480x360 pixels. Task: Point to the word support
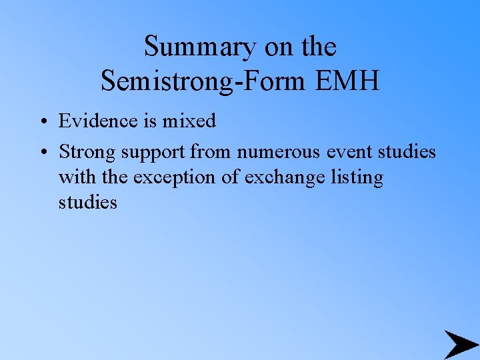(155, 153)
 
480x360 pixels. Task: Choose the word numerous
(280, 152)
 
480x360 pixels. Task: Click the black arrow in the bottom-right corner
(461, 344)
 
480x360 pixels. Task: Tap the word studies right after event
(407, 152)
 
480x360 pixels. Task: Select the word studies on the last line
(87, 202)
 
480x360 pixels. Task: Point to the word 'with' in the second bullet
(74, 177)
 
